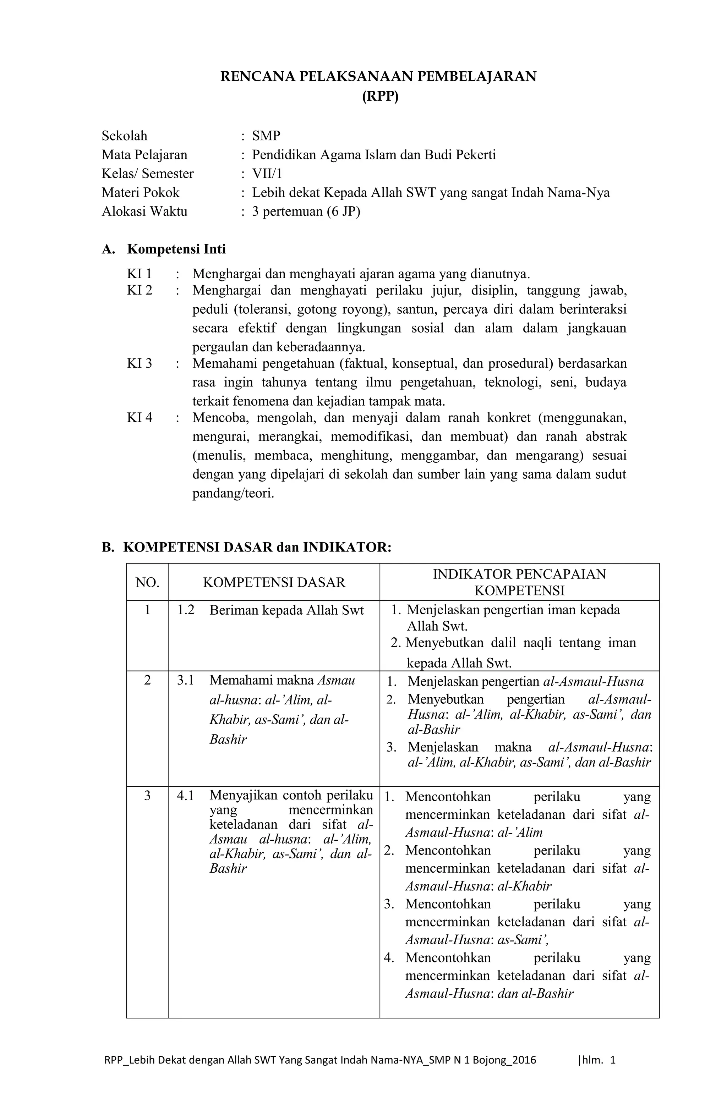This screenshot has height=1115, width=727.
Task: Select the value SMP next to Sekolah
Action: [x=266, y=136]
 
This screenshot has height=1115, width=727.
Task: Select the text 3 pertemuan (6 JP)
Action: [x=306, y=211]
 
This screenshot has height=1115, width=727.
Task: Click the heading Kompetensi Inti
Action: [x=176, y=249]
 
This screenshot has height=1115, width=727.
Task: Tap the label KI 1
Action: [x=139, y=274]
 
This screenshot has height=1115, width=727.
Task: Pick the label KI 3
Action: [x=139, y=363]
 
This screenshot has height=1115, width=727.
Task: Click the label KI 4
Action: [x=139, y=417]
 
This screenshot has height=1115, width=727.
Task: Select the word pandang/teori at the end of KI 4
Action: [x=233, y=493]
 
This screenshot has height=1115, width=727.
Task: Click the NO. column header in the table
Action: [x=147, y=582]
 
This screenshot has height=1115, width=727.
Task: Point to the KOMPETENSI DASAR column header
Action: [x=274, y=582]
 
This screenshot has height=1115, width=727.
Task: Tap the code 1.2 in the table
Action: [x=186, y=610]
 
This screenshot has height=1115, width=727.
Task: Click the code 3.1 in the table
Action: [x=186, y=680]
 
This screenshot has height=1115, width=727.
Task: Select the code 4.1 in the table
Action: [x=186, y=796]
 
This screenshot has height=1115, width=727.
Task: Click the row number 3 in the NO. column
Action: [x=147, y=796]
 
